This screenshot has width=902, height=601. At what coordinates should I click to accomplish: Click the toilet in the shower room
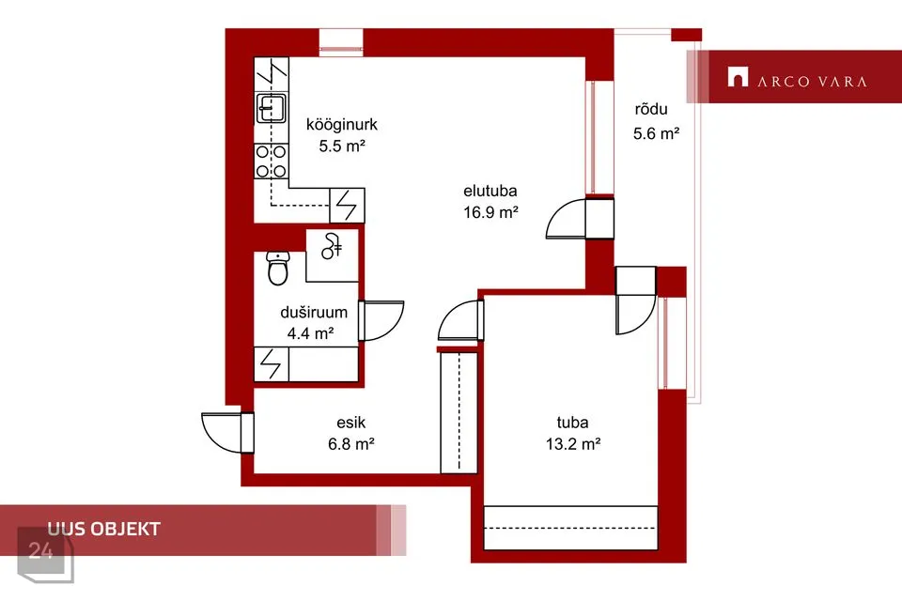tap(277, 268)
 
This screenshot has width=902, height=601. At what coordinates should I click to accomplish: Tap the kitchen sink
tap(271, 108)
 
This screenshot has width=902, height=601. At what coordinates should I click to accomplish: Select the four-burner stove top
tap(271, 161)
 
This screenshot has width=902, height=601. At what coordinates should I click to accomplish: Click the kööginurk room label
tap(342, 124)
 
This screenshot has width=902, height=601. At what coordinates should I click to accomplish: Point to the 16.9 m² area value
tap(490, 212)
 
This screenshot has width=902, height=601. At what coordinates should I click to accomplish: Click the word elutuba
tap(490, 191)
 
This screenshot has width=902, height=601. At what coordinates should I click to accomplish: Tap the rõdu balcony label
tap(651, 109)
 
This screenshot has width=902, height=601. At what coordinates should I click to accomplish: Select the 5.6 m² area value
tap(657, 133)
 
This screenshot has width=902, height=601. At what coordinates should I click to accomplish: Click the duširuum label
tap(314, 313)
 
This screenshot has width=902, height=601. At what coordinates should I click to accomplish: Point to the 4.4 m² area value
tap(311, 333)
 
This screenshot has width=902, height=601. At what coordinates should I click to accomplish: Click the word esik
tap(350, 423)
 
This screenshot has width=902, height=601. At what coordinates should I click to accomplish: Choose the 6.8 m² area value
tap(350, 444)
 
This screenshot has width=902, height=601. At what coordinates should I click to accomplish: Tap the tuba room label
tap(572, 423)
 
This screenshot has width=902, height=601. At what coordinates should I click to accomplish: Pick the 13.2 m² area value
tap(573, 444)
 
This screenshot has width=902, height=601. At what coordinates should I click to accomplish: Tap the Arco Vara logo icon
tap(738, 77)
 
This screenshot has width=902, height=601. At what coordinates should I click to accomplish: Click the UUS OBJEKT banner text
tap(104, 529)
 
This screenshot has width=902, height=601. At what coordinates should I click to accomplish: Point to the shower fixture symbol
tap(332, 246)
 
